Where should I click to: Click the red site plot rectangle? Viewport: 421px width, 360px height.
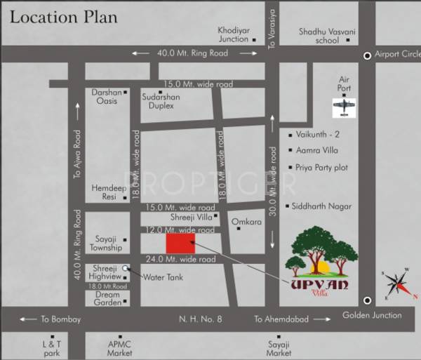pyautogui.click(x=180, y=244)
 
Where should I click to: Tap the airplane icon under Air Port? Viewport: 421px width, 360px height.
pyautogui.click(x=344, y=107)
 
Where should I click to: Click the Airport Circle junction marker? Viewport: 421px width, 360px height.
pyautogui.click(x=366, y=55)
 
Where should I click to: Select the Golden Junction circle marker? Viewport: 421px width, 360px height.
pyautogui.click(x=366, y=296)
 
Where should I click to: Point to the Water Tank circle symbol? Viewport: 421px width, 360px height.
pyautogui.click(x=126, y=267)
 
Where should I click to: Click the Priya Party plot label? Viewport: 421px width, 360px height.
pyautogui.click(x=323, y=168)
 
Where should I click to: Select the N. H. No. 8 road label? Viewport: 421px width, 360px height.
pyautogui.click(x=200, y=319)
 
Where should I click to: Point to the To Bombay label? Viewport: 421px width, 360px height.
pyautogui.click(x=60, y=319)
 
